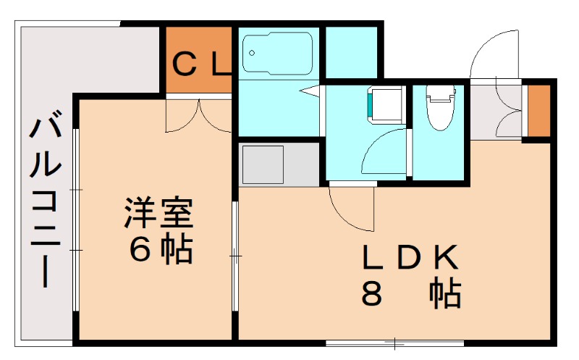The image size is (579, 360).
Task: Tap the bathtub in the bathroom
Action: click(276, 52)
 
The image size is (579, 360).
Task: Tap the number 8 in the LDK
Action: click(372, 293)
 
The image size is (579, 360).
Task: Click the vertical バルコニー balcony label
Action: click(43, 199)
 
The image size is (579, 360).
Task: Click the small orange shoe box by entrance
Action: click(538, 111)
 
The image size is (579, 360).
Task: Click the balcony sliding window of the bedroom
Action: click(75, 217)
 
